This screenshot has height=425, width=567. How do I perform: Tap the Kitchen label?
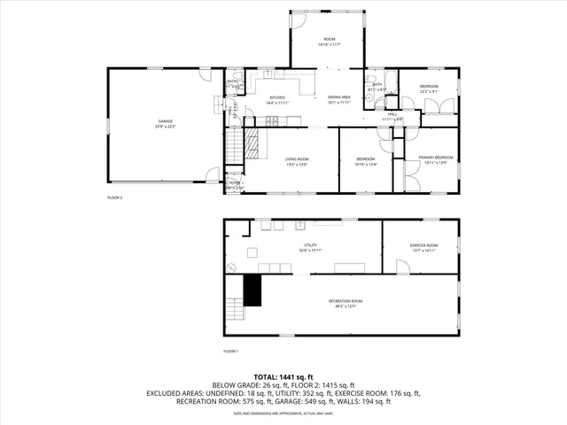point(277,98)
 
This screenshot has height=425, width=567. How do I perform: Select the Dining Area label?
point(339,97)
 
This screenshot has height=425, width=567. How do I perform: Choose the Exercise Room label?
point(423,245)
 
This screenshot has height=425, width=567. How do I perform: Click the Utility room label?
point(310,245)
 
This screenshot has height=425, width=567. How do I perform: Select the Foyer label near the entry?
point(234,184)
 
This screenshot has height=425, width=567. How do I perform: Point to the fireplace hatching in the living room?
point(254,143)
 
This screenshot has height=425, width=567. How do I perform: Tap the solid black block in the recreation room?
point(253,290)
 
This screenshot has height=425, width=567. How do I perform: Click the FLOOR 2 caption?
point(114,197)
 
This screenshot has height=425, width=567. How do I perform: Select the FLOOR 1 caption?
point(230,352)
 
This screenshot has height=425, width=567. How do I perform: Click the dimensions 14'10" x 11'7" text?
point(330,44)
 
